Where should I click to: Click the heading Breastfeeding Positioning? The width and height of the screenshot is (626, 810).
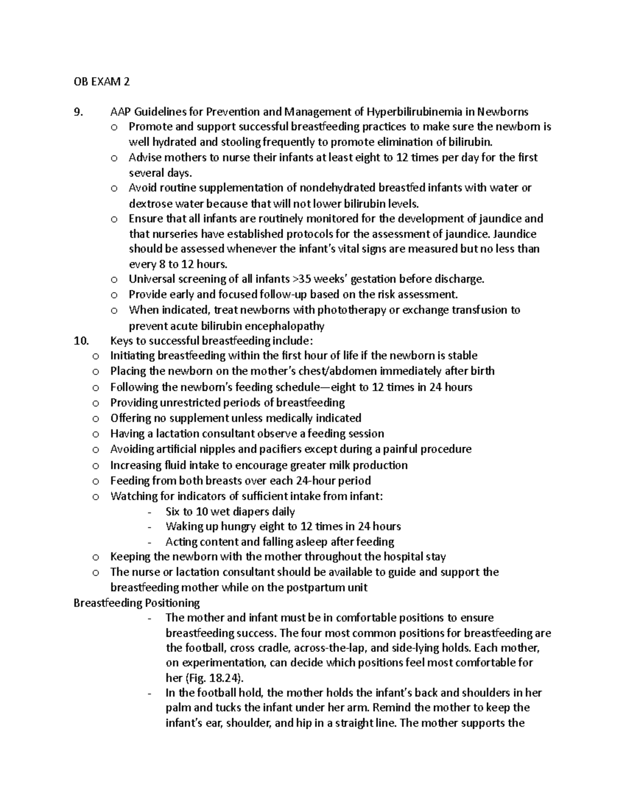coord(137,603)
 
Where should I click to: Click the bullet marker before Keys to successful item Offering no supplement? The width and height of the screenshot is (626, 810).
coord(95,419)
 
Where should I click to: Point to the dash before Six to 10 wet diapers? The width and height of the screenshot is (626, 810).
coord(150,512)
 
